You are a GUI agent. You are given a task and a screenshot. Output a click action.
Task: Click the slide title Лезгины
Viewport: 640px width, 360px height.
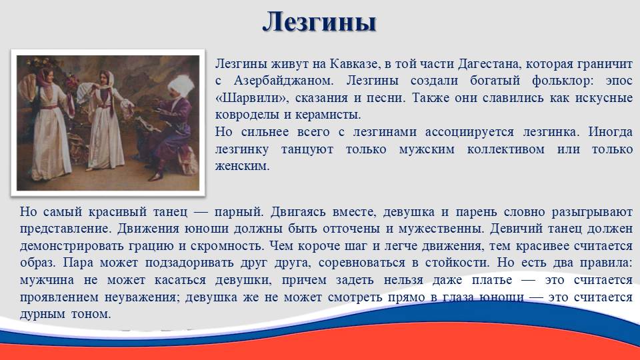319,21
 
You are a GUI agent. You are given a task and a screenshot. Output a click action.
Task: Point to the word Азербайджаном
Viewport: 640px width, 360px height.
284,81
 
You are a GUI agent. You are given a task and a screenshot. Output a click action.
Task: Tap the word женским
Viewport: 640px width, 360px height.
242,167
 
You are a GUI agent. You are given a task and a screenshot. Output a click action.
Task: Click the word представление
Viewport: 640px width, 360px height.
65,229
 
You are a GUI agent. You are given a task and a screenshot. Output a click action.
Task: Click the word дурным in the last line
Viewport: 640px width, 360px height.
43,315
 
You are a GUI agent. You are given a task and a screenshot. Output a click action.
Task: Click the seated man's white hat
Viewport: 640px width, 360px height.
180,85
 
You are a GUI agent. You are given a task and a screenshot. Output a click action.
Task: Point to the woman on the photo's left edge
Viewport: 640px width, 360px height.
49,123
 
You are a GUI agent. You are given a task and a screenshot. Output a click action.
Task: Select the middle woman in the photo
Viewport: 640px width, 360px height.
105,120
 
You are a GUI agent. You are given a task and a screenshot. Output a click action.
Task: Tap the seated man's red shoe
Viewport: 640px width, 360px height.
156,177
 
